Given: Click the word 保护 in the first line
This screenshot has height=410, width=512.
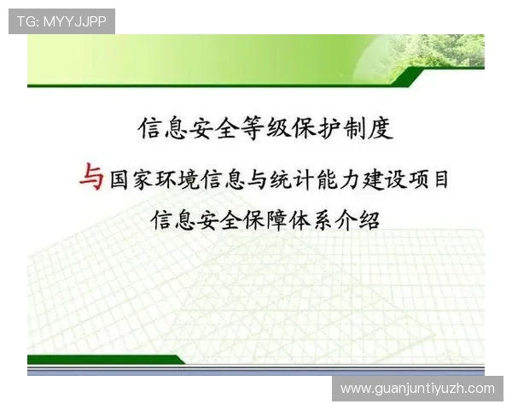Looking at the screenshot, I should pyautogui.click(x=315, y=129).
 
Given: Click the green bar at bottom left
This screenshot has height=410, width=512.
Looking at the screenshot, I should pyautogui.click(x=102, y=360).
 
